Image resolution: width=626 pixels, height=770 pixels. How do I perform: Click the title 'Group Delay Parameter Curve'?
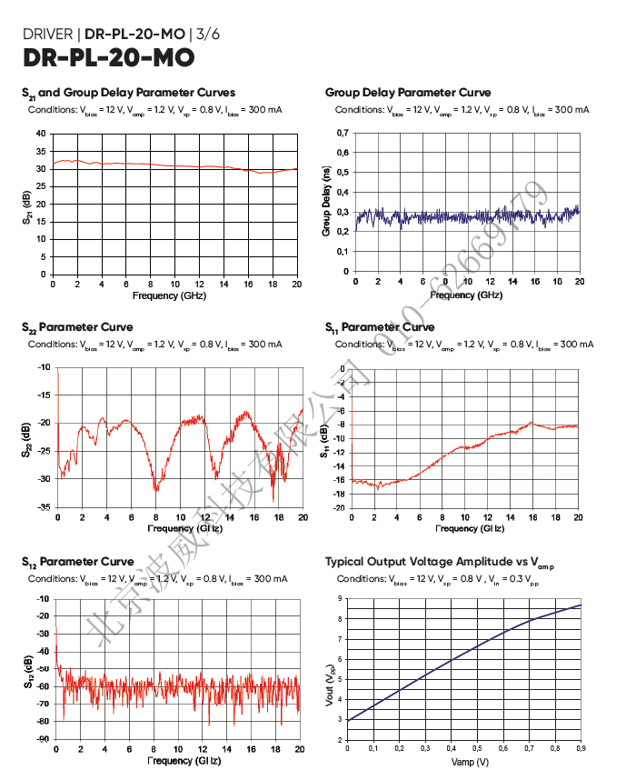click(408, 93)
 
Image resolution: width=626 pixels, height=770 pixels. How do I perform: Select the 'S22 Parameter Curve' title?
click(77, 327)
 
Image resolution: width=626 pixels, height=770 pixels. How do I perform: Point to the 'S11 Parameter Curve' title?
click(380, 327)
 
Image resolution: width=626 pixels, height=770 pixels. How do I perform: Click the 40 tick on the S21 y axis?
click(41, 134)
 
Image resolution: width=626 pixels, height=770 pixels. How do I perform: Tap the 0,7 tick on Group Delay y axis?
click(342, 133)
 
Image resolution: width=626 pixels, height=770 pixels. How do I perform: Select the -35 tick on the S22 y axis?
click(45, 507)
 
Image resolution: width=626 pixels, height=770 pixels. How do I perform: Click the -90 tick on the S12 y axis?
click(44, 739)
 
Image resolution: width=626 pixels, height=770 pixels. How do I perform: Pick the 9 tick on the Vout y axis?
click(340, 598)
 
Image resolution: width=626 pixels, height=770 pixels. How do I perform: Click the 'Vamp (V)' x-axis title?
click(470, 761)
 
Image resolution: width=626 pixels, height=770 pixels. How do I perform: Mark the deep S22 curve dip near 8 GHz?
click(155, 489)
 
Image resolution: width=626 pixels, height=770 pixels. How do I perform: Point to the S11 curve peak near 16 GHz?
click(532, 423)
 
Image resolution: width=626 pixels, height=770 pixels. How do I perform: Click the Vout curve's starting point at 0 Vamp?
click(348, 721)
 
